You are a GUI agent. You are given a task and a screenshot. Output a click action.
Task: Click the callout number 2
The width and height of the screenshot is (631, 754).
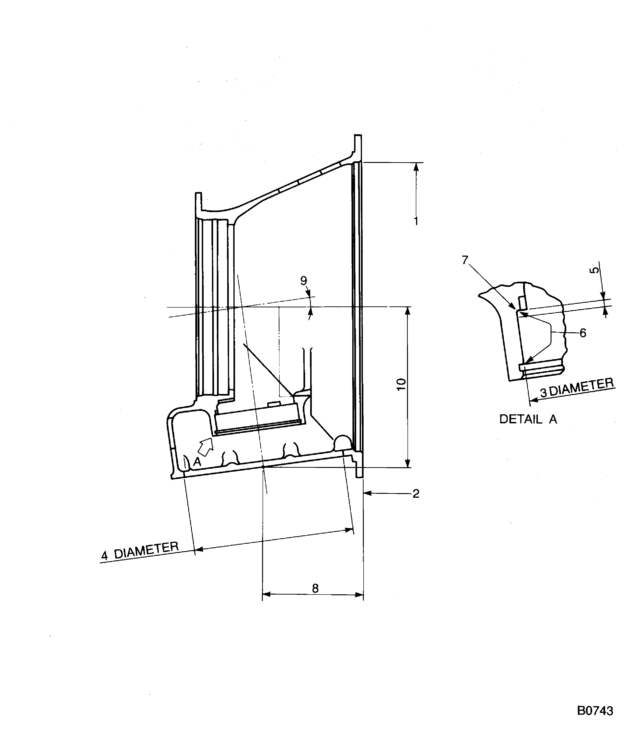[x=416, y=494]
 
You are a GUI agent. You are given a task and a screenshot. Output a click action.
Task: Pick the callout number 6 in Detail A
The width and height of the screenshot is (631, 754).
[x=583, y=333]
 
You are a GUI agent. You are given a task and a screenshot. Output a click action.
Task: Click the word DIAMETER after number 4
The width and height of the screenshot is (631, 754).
[x=147, y=550]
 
